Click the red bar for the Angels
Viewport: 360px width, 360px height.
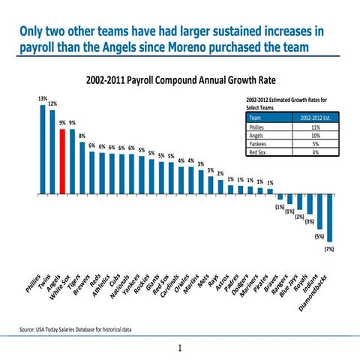[x=62, y=160]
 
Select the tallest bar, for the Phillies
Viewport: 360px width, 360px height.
[x=43, y=148]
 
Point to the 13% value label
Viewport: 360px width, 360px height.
[x=43, y=99]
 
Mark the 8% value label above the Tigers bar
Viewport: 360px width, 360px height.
[x=82, y=136]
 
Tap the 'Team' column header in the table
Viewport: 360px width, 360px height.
[x=255, y=118]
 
